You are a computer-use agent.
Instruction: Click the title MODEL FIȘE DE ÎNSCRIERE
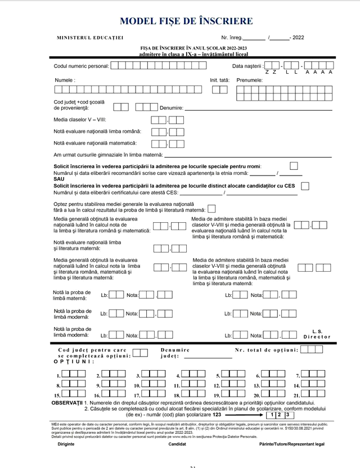[x=186, y=21]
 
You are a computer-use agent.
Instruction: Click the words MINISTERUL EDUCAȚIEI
[x=90, y=38]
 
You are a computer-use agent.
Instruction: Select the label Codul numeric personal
[x=82, y=65]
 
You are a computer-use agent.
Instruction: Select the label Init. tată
[x=220, y=80]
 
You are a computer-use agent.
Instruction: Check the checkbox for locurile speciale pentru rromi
[x=294, y=166]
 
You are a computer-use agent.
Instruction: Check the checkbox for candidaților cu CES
[x=305, y=186]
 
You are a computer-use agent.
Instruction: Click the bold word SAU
[x=59, y=179]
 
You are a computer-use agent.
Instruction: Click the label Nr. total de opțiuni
[x=267, y=350]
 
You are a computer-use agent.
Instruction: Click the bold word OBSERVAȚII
[x=67, y=404]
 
